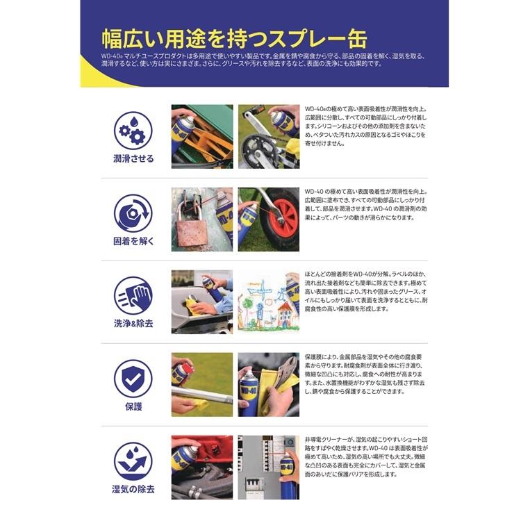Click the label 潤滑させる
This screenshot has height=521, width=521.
(133, 158)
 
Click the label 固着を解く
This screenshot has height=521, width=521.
(133, 242)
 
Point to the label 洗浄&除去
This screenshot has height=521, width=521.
(133, 324)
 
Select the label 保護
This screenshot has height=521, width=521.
(133, 406)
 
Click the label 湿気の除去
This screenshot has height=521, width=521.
(133, 489)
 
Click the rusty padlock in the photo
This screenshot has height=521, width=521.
(193, 222)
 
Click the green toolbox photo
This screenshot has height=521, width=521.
(202, 136)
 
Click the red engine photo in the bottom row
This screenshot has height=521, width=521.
(202, 467)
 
